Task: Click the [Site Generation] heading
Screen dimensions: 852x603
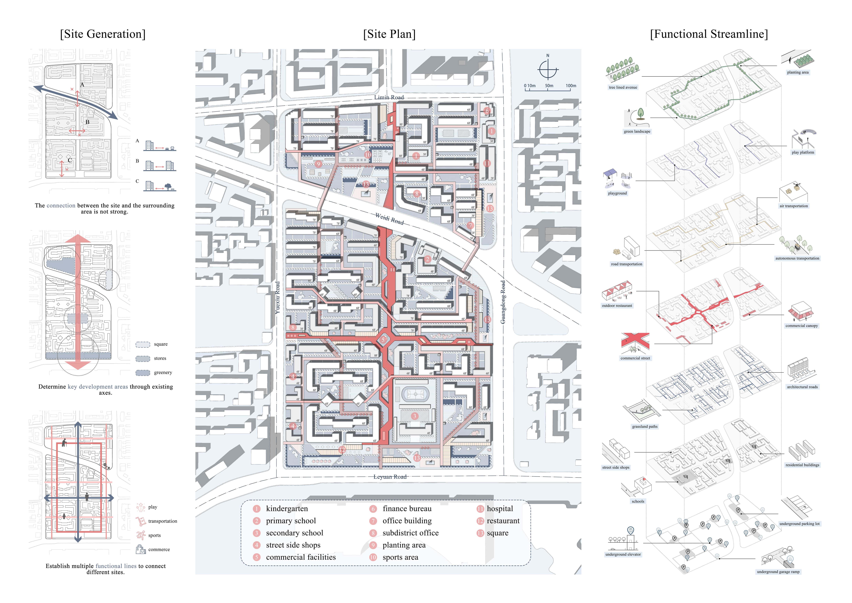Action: coord(103,34)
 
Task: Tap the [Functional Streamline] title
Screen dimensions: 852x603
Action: coord(709,34)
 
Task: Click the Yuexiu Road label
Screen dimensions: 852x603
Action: coord(278,298)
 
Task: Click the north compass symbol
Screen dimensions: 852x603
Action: coord(548,69)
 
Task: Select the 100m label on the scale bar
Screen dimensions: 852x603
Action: coord(571,86)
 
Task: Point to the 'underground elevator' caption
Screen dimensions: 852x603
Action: coord(623,554)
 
